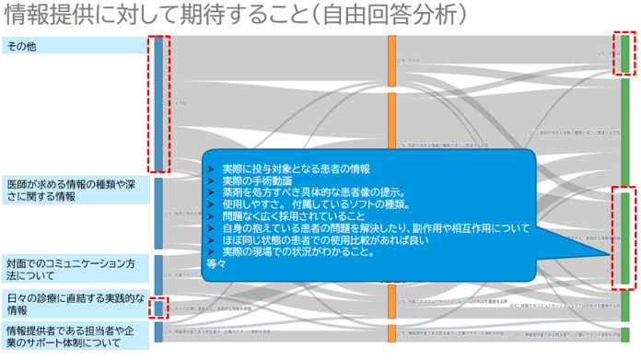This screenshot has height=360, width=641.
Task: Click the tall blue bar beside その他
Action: point(158,103)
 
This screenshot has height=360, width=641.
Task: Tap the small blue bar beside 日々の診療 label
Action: point(158,308)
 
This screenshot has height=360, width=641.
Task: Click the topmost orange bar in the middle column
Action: point(391,60)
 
